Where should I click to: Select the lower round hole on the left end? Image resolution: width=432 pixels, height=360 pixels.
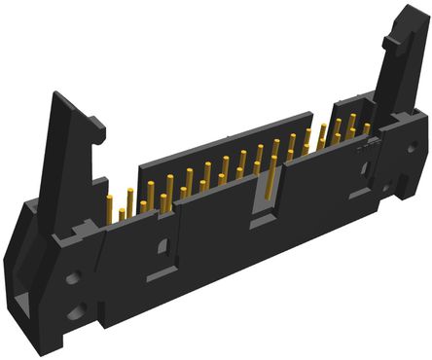pyautogui.click(x=75, y=313)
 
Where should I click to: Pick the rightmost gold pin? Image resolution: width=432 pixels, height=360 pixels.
pyautogui.click(x=367, y=128)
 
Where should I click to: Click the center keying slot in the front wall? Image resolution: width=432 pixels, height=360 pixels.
pyautogui.click(x=262, y=198)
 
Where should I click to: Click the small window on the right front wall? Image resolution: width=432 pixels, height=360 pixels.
pyautogui.click(x=364, y=169)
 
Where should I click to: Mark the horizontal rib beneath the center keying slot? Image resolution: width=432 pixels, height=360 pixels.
pyautogui.click(x=264, y=225)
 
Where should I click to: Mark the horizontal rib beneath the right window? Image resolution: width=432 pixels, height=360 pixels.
pyautogui.click(x=364, y=191)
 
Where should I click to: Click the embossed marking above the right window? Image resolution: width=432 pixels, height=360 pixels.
pyautogui.click(x=367, y=148)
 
